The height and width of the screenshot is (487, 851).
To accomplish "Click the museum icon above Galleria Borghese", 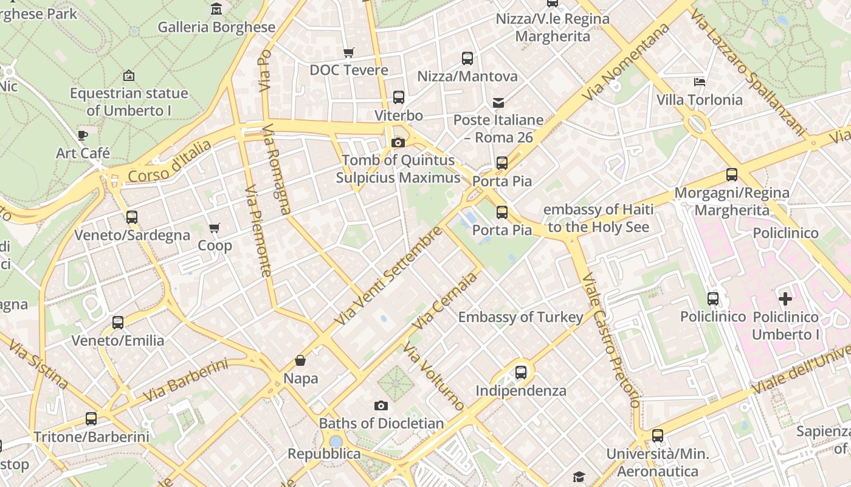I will (x=216, y=9).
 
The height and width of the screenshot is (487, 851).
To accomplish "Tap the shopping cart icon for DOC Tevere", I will (x=348, y=52).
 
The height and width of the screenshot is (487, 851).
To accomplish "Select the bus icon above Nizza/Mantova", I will (x=467, y=58).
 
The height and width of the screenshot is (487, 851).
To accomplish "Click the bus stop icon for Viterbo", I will (x=398, y=97).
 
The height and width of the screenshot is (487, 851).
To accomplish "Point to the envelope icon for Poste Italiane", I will (x=498, y=102).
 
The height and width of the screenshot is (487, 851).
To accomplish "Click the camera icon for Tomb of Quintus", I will (x=398, y=142).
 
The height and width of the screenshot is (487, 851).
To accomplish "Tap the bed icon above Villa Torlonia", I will (x=700, y=82).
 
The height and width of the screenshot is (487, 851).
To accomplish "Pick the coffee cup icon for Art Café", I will (x=83, y=135).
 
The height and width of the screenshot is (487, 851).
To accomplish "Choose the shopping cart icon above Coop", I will (x=214, y=228).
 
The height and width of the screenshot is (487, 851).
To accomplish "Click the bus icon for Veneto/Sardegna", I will (x=131, y=217).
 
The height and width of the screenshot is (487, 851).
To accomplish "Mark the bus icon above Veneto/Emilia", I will (x=118, y=323).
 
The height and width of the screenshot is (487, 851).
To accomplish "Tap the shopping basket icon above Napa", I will (x=300, y=360).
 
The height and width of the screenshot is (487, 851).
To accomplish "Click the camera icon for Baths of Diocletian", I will (x=381, y=405).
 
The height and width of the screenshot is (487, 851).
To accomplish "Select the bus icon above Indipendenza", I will (x=520, y=373).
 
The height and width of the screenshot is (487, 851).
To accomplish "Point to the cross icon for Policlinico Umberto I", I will (x=785, y=299).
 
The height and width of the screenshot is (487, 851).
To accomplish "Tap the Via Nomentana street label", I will (x=626, y=62).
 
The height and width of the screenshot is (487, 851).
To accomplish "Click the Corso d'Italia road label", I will (x=170, y=161).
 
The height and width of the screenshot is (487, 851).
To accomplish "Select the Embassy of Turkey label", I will (x=520, y=317).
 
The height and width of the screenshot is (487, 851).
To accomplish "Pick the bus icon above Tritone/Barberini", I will (x=91, y=419).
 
